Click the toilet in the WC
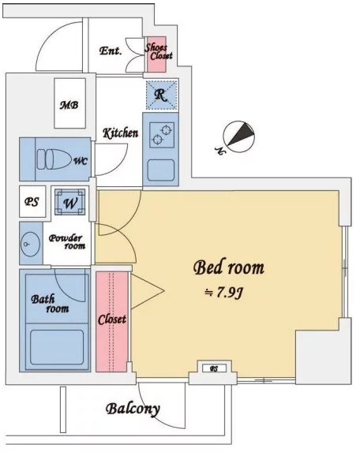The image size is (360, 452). coord(54,159)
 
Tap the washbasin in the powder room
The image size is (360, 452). coord(30,244)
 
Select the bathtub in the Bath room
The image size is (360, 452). coord(57,347)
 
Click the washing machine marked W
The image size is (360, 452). coord(70,202)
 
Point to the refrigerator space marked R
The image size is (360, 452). coord(161,95)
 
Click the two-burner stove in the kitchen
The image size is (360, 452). coord(162,135)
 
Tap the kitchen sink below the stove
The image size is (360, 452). coord(161,170)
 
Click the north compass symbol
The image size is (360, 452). coord(238,136)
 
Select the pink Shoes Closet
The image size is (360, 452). coord(156,54)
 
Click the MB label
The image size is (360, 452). coord(69,105)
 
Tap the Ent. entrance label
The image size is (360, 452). coord(111,51)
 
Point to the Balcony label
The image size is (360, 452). coord(133,409)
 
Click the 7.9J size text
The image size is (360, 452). coord(224,293)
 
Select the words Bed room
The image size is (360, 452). coord(229,267)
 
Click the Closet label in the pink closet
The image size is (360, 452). coord(112,319)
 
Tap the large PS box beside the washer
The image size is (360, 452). coord(32,201)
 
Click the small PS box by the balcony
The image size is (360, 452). coord(214,368)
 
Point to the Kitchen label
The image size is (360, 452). coord(121,133)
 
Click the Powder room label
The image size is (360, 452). coord(67,242)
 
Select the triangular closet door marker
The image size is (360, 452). coord(148,290)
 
